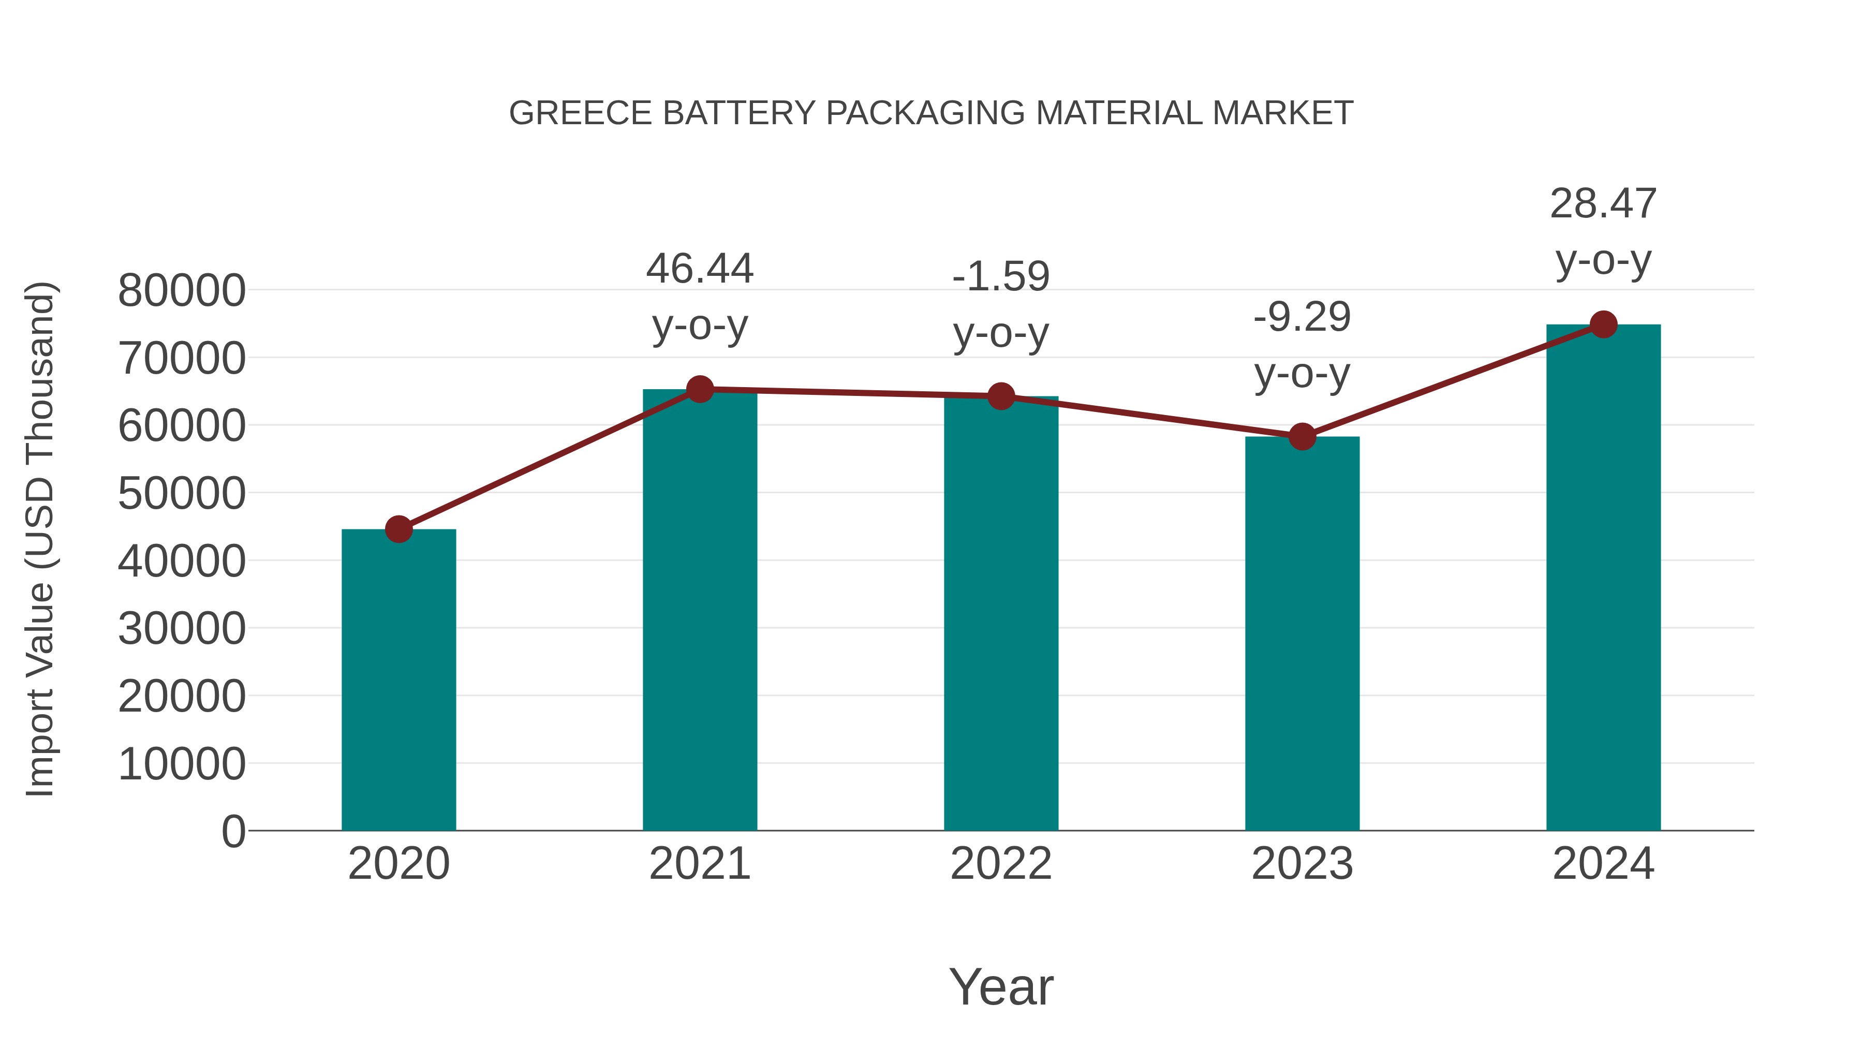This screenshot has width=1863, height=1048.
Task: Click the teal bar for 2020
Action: (398, 680)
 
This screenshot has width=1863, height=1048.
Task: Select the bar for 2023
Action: (1302, 633)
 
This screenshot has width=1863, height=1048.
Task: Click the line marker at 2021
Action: (699, 390)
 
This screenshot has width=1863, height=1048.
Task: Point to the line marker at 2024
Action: (1603, 324)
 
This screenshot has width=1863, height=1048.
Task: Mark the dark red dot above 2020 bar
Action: (398, 529)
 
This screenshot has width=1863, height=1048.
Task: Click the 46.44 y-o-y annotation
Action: (699, 297)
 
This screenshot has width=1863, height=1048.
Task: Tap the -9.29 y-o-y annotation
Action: (1302, 345)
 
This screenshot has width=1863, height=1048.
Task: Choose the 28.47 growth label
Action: (1603, 231)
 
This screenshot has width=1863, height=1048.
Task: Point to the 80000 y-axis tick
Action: (182, 291)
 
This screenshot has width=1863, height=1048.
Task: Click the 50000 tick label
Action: (182, 494)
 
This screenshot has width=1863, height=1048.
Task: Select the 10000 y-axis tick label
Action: (182, 764)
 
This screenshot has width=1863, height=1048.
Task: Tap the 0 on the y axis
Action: (233, 832)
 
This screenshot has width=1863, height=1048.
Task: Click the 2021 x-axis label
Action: (699, 864)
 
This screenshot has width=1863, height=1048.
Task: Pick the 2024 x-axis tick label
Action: (1603, 864)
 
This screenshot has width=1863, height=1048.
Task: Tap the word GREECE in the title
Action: (581, 113)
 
